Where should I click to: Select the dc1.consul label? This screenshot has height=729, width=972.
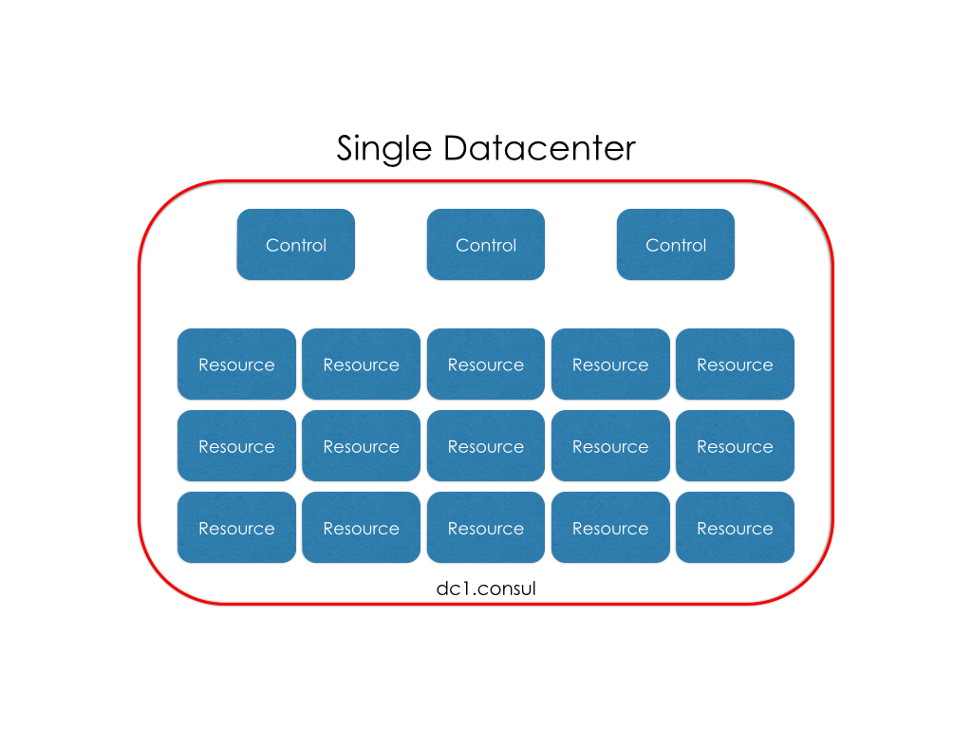pyautogui.click(x=486, y=589)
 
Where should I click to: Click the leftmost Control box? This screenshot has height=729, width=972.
pyautogui.click(x=296, y=245)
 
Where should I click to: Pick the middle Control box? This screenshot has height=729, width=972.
pyautogui.click(x=486, y=245)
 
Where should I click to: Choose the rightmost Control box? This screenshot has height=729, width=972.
pyautogui.click(x=676, y=245)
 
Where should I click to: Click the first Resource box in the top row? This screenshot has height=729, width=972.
pyautogui.click(x=236, y=364)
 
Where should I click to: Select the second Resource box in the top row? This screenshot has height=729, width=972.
pyautogui.click(x=361, y=364)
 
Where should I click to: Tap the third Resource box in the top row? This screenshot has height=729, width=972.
pyautogui.click(x=486, y=364)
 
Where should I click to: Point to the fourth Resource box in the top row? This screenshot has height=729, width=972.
pyautogui.click(x=610, y=364)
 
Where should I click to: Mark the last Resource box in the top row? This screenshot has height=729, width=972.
pyautogui.click(x=735, y=364)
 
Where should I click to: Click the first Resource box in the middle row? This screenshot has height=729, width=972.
pyautogui.click(x=236, y=446)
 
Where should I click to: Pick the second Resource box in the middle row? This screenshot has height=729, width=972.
pyautogui.click(x=361, y=446)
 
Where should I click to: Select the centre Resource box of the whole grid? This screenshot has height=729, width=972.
pyautogui.click(x=486, y=446)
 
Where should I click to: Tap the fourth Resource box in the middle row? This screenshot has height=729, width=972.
pyautogui.click(x=610, y=446)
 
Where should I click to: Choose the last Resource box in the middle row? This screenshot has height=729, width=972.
pyautogui.click(x=735, y=446)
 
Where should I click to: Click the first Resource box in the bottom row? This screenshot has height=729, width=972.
pyautogui.click(x=236, y=528)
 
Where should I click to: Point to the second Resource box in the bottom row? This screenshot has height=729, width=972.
pyautogui.click(x=361, y=528)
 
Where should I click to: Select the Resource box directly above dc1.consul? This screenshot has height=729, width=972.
pyautogui.click(x=486, y=528)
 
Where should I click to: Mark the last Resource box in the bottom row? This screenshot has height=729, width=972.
pyautogui.click(x=735, y=528)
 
